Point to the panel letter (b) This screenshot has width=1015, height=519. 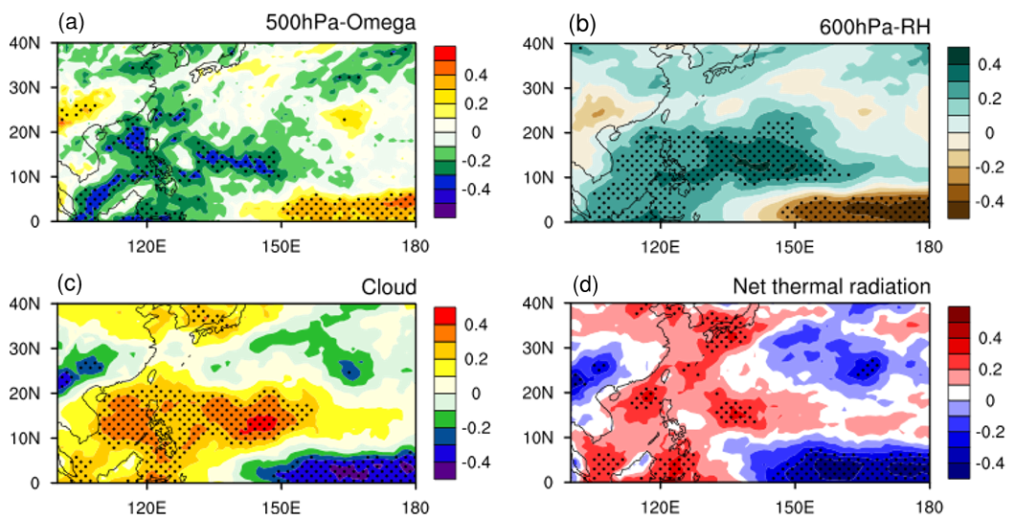click(585, 21)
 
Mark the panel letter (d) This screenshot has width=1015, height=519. click(585, 285)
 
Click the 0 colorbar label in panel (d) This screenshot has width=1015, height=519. click(986, 398)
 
